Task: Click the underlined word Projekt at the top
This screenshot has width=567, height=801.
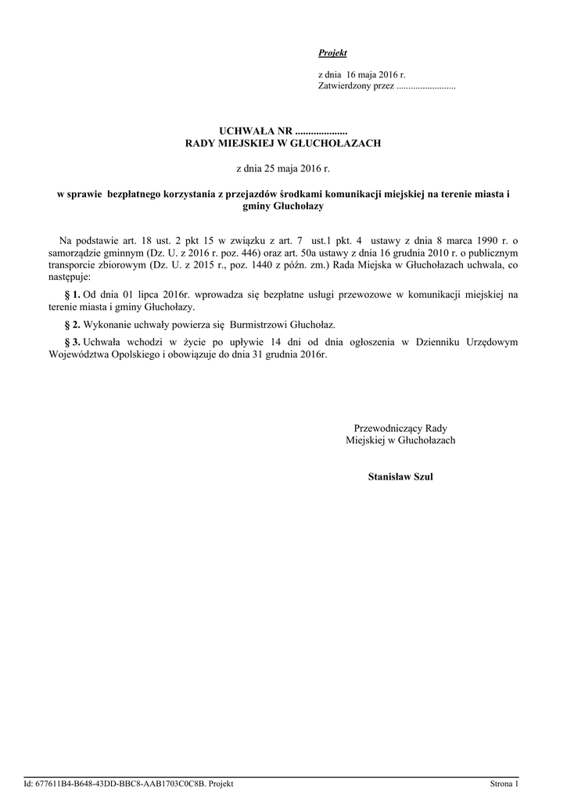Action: [332, 53]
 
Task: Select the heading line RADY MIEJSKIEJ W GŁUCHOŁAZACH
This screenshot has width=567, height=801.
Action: [282, 144]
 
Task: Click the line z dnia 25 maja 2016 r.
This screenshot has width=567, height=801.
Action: [282, 168]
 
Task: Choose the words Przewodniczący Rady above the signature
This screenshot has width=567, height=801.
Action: [400, 428]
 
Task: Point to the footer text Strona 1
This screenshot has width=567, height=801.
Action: [504, 784]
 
